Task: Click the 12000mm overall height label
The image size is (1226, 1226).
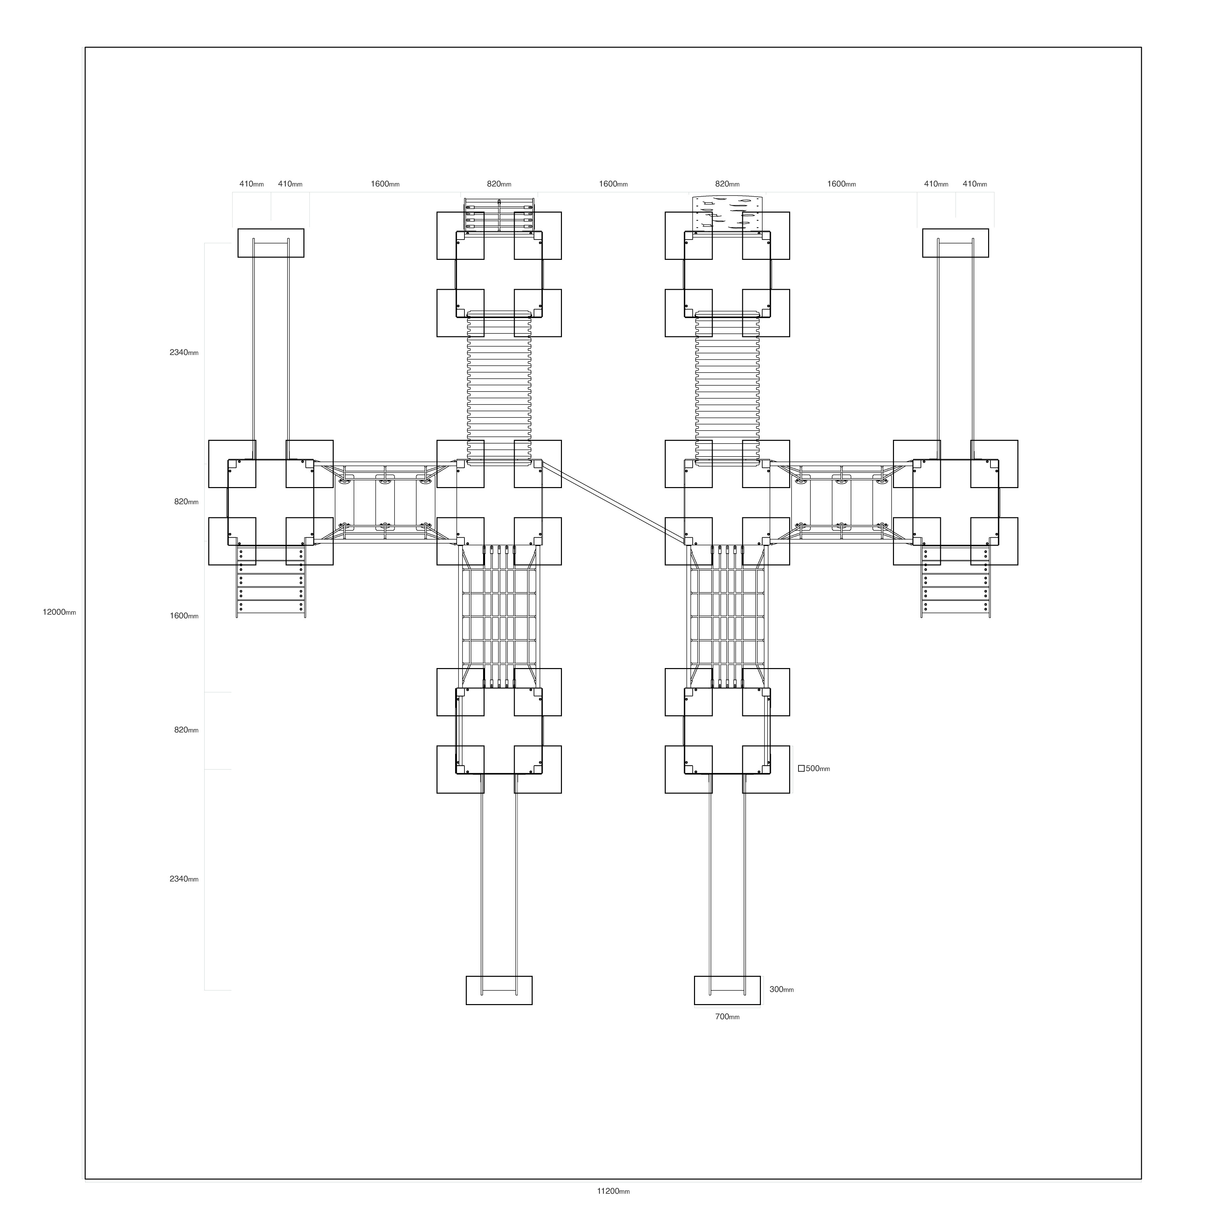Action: (x=59, y=613)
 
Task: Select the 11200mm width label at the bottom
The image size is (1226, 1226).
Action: (x=613, y=1191)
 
